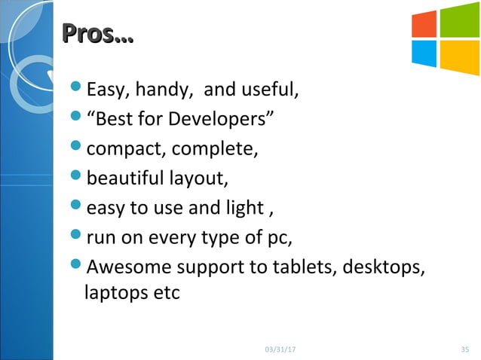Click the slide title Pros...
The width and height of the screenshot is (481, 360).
(x=97, y=34)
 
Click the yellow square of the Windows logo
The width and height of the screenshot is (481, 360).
(x=459, y=57)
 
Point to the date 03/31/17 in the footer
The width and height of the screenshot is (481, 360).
(x=281, y=349)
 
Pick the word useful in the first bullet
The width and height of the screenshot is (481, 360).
(x=271, y=92)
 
